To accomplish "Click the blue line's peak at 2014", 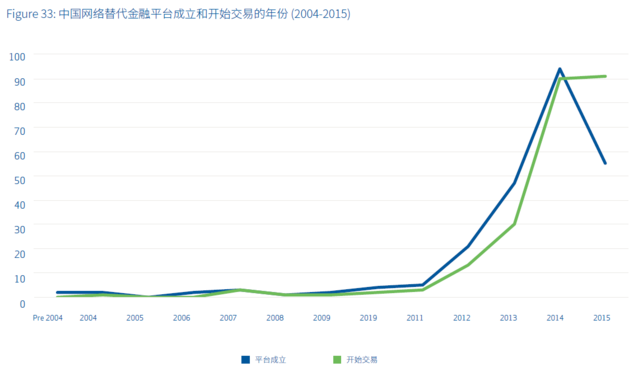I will [x=559, y=69].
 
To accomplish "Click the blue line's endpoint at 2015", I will [x=605, y=163].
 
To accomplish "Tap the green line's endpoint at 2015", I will [x=605, y=76].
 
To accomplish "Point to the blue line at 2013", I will [x=514, y=183].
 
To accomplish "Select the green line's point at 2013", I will [x=514, y=224].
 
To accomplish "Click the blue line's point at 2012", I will [x=468, y=246].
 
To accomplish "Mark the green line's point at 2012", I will [x=468, y=265].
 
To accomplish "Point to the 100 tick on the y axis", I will [x=17, y=56].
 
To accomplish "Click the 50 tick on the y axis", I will [x=20, y=178].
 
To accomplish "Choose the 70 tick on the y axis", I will [x=20, y=129].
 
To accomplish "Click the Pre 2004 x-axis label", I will [x=47, y=318].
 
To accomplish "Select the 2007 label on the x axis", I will [x=227, y=318].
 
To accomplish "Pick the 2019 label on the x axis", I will [x=368, y=318].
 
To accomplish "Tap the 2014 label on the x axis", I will [x=554, y=318].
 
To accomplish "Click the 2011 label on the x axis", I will [x=415, y=318].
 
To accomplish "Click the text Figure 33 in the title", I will [x=30, y=15].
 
